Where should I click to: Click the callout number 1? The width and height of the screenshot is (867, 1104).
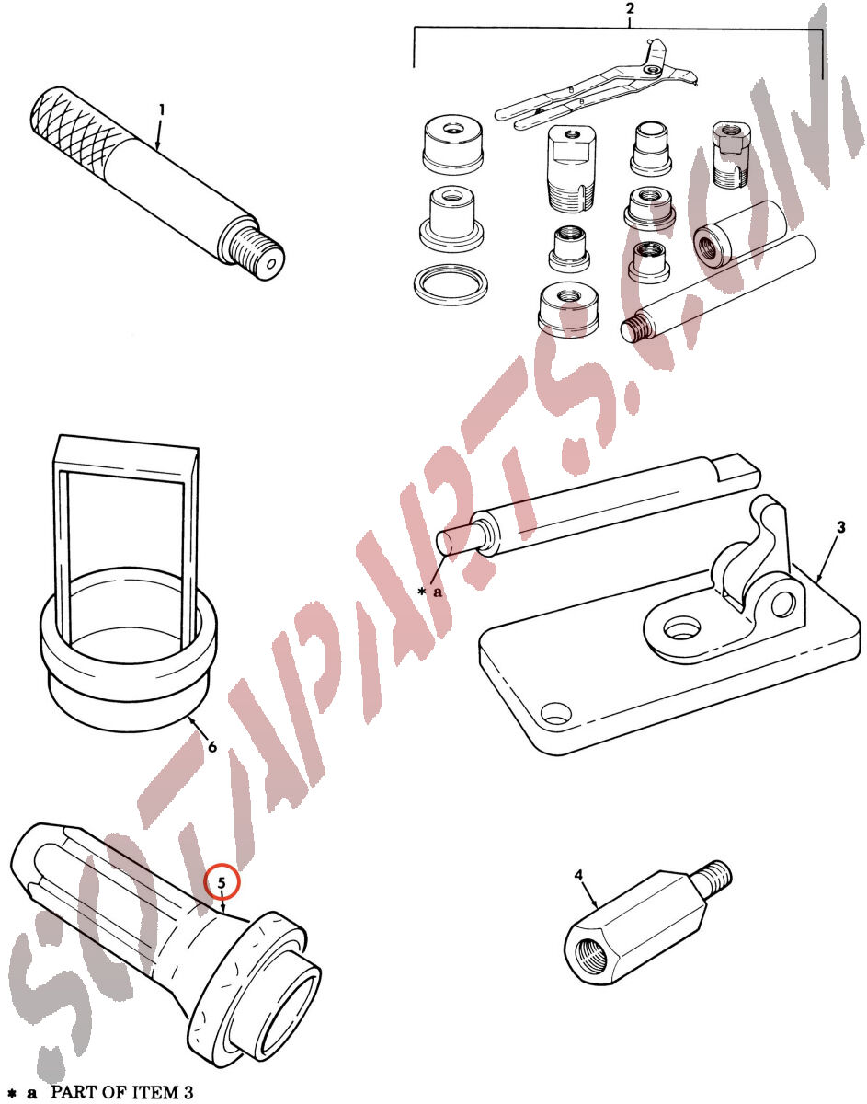click(x=162, y=109)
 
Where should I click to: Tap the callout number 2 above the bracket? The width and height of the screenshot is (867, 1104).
click(x=630, y=8)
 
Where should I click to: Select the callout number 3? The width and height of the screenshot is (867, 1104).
click(x=841, y=527)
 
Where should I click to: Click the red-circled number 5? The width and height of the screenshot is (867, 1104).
click(x=222, y=883)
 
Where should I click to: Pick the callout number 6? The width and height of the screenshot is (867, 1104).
click(x=212, y=746)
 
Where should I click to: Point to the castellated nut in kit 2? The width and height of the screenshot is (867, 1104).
click(x=731, y=154)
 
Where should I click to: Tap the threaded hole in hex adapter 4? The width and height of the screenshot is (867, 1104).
click(x=591, y=954)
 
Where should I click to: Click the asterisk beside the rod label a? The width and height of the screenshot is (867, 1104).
click(x=421, y=591)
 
